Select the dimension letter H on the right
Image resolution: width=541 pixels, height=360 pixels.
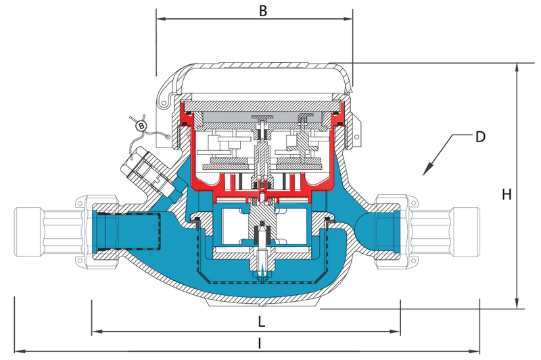pos(506,195)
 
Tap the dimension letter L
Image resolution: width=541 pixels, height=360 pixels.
pos(260,319)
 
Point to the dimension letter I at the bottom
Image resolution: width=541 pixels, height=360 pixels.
pos(259,343)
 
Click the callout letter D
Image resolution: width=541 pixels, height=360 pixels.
pos(479,137)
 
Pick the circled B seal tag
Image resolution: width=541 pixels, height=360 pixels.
pos(141,126)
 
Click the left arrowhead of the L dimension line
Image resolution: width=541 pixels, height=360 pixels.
pos(95,332)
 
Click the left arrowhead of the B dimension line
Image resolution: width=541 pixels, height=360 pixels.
pos(160,20)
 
